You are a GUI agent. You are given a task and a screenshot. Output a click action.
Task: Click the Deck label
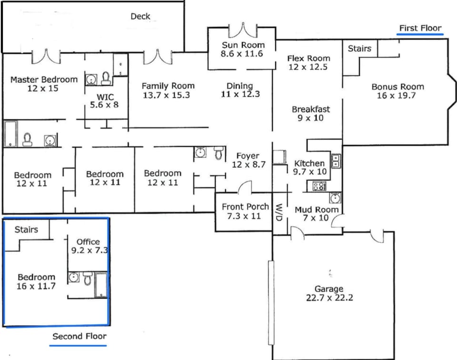point(140,16)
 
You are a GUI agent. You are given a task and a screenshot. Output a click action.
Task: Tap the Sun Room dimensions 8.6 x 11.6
point(242,54)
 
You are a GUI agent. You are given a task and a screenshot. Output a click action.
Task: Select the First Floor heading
point(420,28)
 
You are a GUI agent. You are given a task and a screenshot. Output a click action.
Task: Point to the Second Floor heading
point(79,336)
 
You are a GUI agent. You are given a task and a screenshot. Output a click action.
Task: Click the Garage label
point(329,289)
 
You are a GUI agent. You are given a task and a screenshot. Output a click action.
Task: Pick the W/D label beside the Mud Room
point(279,212)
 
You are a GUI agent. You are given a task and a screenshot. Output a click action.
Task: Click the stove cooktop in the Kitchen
point(319,186)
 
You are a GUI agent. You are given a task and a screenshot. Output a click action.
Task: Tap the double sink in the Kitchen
point(337,161)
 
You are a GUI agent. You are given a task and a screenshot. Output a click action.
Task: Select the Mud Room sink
point(336,198)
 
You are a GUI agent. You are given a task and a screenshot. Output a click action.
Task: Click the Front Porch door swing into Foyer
point(245,187)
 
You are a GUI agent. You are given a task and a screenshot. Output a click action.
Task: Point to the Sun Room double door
point(243,30)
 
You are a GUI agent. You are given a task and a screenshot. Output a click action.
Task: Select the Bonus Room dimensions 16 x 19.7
point(397,95)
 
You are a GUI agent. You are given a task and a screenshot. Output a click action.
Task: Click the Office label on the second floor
point(88,241)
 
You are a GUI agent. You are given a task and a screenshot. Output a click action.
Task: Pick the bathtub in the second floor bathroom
point(101,284)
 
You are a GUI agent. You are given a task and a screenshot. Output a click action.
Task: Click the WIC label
point(105,97)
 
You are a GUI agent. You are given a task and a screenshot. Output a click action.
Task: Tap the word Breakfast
point(311,110)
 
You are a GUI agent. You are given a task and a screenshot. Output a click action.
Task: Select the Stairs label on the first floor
point(360,49)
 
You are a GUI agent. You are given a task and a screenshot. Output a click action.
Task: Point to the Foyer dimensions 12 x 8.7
point(248,164)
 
